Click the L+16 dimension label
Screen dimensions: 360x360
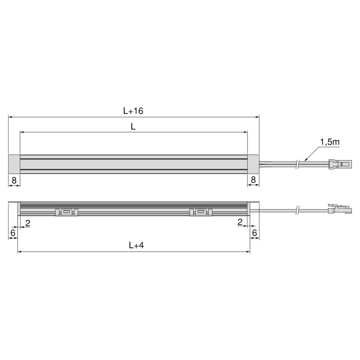133,111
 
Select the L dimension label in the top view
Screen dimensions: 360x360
133,127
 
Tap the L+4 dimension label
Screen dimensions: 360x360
136,246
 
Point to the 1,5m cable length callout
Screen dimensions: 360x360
329,142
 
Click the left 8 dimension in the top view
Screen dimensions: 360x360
14,180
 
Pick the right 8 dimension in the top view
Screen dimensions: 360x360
253,180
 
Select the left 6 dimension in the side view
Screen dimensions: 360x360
13,233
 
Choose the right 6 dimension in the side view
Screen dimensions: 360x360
255,233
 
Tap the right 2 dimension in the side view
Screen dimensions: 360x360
240,222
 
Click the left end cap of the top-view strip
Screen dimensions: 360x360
14,164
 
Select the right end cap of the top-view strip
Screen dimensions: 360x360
253,164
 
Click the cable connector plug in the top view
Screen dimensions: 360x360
340,164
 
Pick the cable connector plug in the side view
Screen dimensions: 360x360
339,210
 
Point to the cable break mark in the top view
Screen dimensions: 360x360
298,163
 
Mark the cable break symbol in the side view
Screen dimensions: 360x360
298,210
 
